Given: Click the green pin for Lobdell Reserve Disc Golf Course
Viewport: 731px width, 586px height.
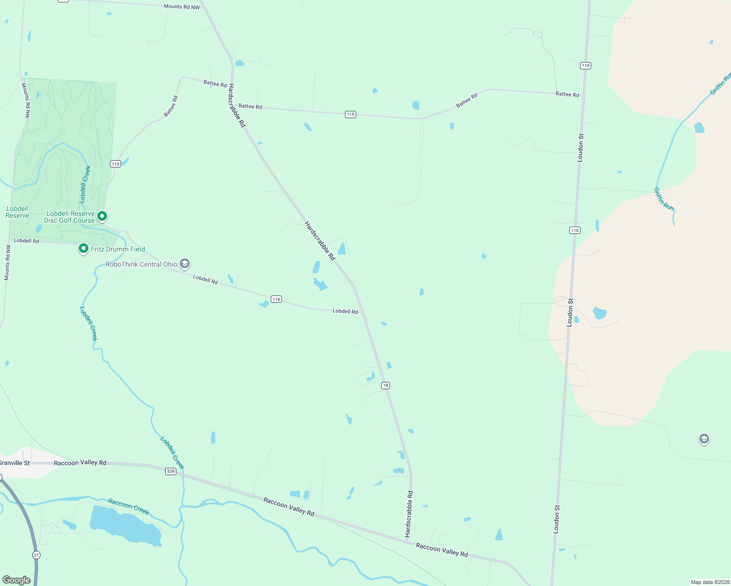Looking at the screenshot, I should (x=102, y=215).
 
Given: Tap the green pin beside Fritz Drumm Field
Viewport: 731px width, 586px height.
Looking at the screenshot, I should (x=84, y=249).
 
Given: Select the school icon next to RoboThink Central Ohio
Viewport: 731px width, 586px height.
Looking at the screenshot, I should (x=185, y=264).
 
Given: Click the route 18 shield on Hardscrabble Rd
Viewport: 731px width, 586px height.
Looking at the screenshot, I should (x=386, y=385).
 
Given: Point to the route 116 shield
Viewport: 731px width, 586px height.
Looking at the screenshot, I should (x=276, y=299).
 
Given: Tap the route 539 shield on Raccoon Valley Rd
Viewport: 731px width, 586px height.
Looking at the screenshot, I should (x=171, y=471).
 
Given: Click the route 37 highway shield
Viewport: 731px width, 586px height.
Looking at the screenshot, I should (x=36, y=555).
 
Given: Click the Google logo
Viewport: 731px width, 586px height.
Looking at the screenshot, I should (x=17, y=580).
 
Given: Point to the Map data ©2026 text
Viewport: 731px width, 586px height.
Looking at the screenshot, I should (x=710, y=582).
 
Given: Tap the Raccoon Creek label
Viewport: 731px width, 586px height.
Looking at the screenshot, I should (x=129, y=506).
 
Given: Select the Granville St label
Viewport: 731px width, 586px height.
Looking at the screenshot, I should (x=14, y=463).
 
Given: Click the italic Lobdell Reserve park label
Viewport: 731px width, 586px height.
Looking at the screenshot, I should (x=17, y=212).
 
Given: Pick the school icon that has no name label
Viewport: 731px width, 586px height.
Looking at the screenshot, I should (x=704, y=439).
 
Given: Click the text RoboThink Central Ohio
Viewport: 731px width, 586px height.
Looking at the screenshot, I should (x=142, y=264).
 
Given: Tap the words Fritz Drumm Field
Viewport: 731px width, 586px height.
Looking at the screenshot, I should (x=118, y=249).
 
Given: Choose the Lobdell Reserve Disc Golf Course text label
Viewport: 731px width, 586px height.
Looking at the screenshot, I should (x=70, y=217).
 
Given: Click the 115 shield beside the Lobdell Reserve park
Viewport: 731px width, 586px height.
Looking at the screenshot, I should (x=115, y=164).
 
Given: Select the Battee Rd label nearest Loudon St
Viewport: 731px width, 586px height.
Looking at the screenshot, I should (x=567, y=94).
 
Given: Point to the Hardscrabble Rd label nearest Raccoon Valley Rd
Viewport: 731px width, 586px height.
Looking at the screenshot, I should (x=409, y=514).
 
